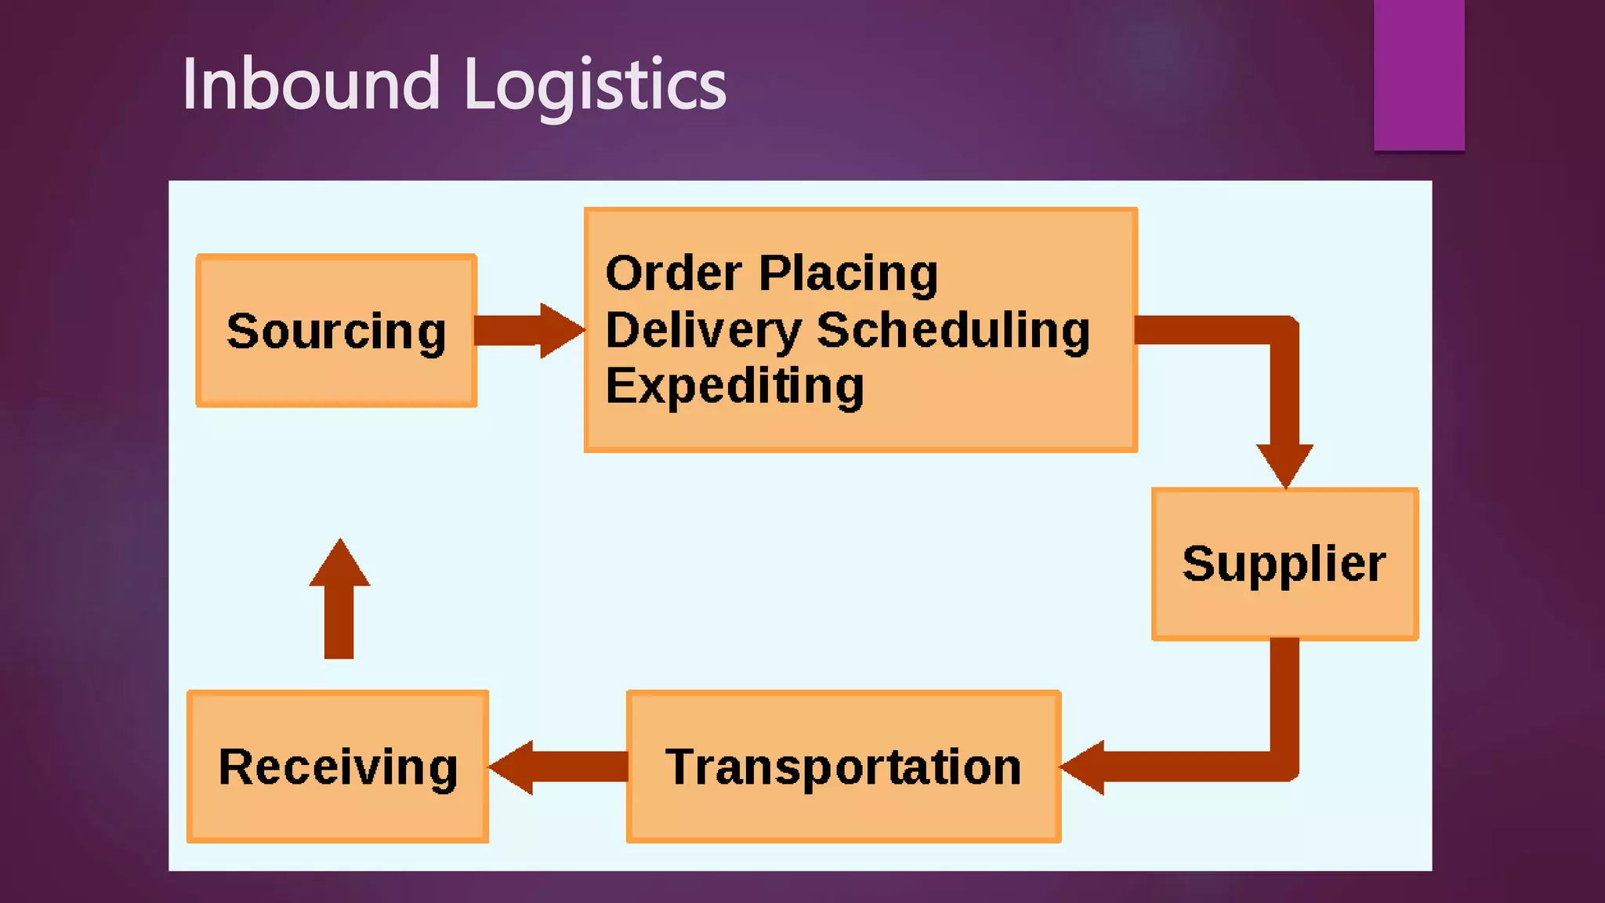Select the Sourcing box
(x=336, y=330)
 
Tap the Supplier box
(x=1284, y=564)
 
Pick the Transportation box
(x=843, y=766)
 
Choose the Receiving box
(x=338, y=766)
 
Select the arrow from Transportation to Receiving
(x=558, y=767)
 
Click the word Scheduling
(x=953, y=330)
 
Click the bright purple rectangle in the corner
(x=1418, y=74)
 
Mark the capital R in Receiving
(x=237, y=766)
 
